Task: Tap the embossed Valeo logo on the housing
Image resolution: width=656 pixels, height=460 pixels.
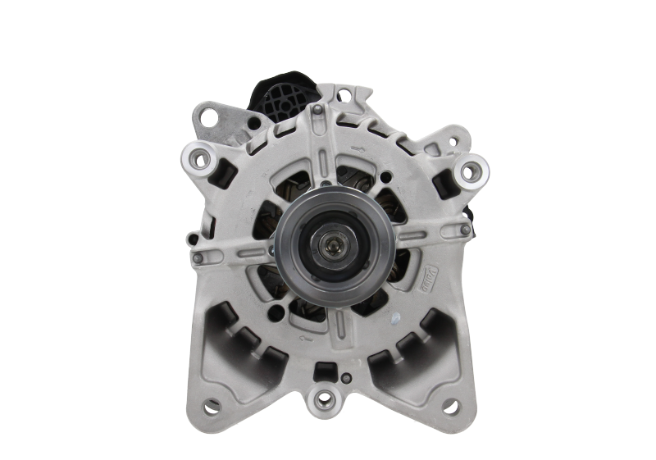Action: click(x=427, y=267)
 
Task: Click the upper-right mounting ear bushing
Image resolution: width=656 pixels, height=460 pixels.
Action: click(x=470, y=171)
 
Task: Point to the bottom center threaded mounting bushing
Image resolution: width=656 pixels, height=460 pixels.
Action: click(x=327, y=400)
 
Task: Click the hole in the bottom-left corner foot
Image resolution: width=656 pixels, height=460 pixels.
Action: click(x=212, y=405)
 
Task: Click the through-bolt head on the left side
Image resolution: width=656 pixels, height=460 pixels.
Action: click(x=197, y=258)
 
